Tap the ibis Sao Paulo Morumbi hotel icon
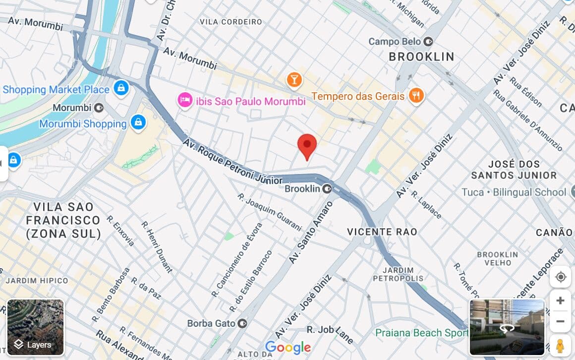pos(185,101)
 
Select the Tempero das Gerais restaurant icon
pos(416,96)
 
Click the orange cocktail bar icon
pos(294,80)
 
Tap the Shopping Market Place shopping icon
pos(120,89)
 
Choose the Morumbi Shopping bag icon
pos(138,122)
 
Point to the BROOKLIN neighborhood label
pos(421,57)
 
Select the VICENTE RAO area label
pos(382,232)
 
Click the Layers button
pos(36,327)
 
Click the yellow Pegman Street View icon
pos(560,345)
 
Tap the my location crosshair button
pos(561,277)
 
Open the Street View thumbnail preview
pos(507,327)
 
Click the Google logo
pos(287,348)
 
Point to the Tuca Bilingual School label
pos(514,192)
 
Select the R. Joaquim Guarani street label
pos(269,213)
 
